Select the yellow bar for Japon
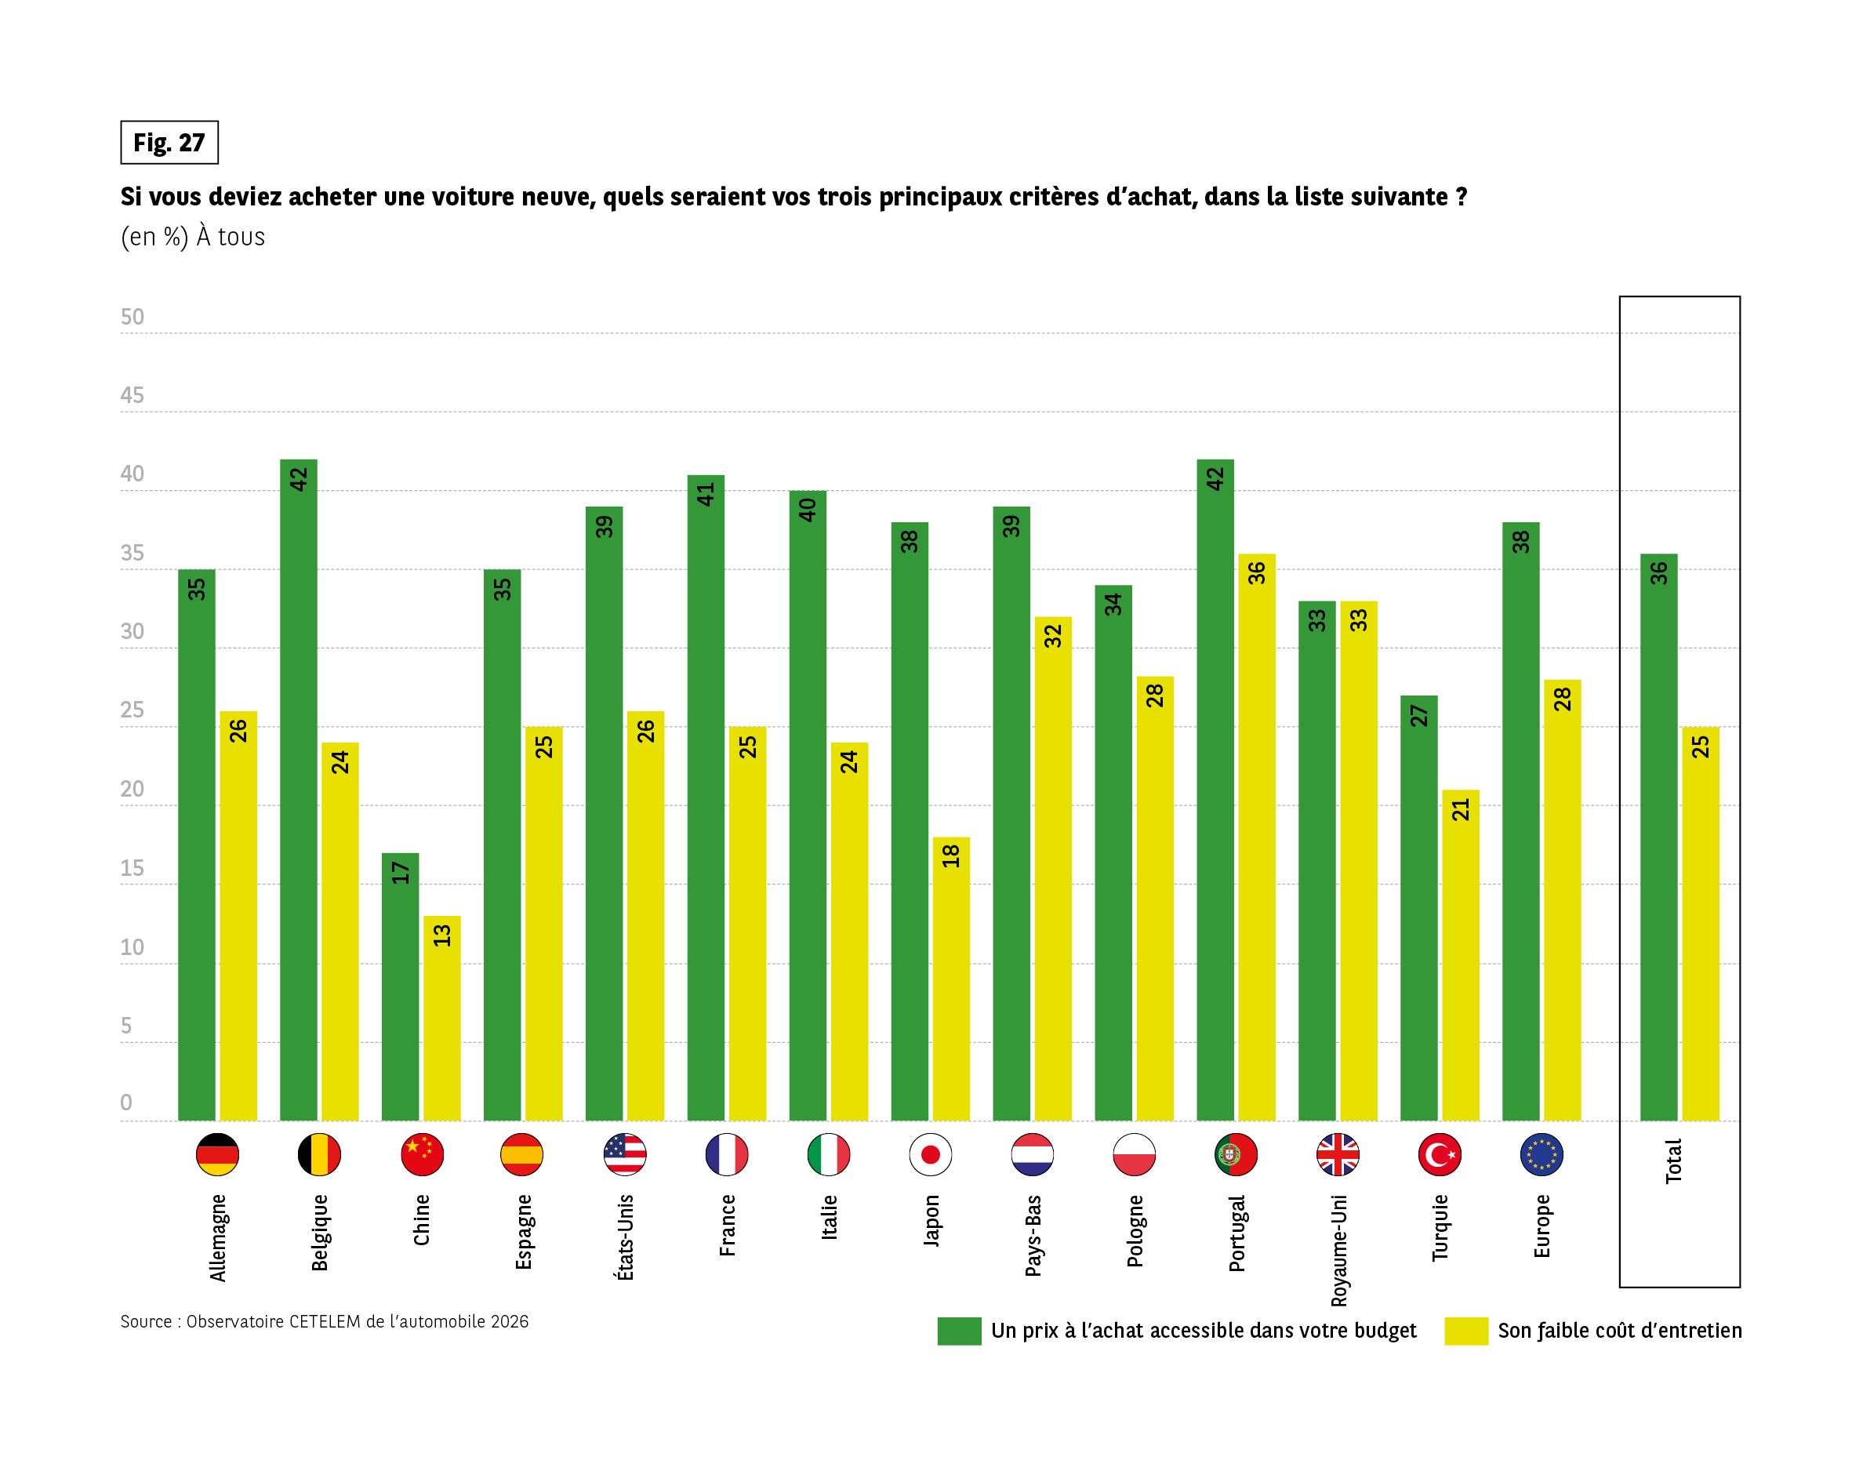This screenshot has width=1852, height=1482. pyautogui.click(x=951, y=979)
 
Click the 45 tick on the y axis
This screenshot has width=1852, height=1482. pyautogui.click(x=133, y=395)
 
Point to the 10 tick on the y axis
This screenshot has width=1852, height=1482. pyautogui.click(x=133, y=946)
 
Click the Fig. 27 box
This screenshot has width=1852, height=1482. pyautogui.click(x=169, y=143)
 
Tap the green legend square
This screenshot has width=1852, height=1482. pyautogui.click(x=959, y=1331)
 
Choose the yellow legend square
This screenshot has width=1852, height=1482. pyautogui.click(x=1465, y=1331)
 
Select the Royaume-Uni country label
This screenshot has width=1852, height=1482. pyautogui.click(x=1338, y=1251)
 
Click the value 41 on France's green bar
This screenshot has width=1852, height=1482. pyautogui.click(x=705, y=494)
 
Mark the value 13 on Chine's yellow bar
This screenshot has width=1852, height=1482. pyautogui.click(x=441, y=935)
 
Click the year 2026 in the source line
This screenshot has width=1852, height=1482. pyautogui.click(x=510, y=1321)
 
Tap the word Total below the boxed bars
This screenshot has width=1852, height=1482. pyautogui.click(x=1673, y=1161)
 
